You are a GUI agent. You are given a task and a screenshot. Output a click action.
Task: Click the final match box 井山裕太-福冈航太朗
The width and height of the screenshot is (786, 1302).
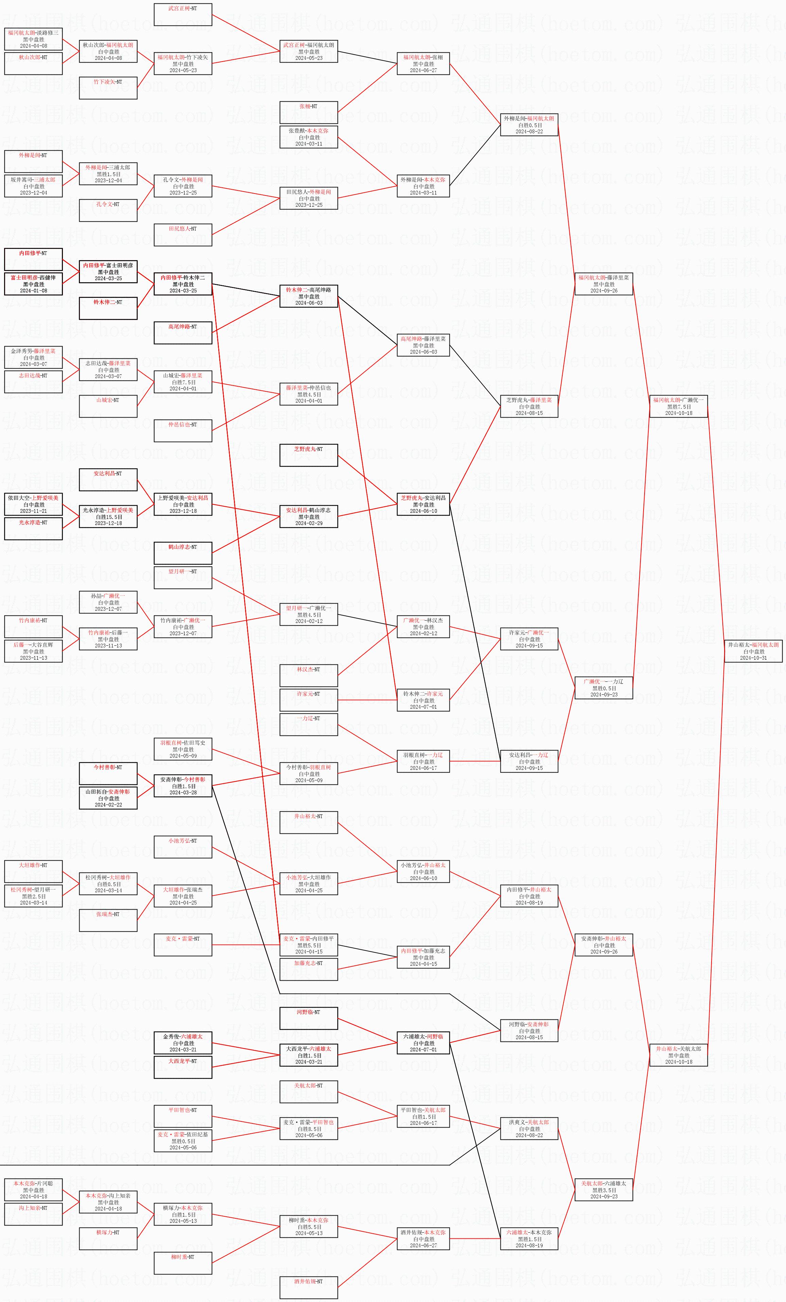[753, 650]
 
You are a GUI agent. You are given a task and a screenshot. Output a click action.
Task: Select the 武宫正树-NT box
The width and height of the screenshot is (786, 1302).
[183, 14]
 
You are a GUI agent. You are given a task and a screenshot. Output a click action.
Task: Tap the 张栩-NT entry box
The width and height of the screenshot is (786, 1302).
[308, 112]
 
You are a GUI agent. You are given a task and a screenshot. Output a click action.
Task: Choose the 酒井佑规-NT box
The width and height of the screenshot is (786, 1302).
[308, 1287]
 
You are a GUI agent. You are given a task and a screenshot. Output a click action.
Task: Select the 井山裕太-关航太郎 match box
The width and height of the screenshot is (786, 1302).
[678, 1055]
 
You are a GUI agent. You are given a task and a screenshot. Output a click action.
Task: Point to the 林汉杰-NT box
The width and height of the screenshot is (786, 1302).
[308, 675]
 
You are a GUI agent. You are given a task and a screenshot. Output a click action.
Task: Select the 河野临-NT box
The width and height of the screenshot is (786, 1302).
[308, 1018]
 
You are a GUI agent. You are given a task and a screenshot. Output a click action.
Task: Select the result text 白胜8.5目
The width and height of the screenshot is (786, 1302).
[308, 1129]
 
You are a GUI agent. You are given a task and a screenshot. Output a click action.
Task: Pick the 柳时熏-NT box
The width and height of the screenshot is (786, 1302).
[183, 1263]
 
